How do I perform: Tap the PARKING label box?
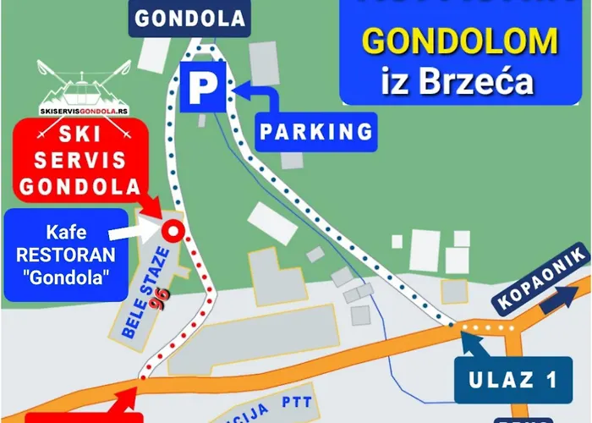point(316,131)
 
